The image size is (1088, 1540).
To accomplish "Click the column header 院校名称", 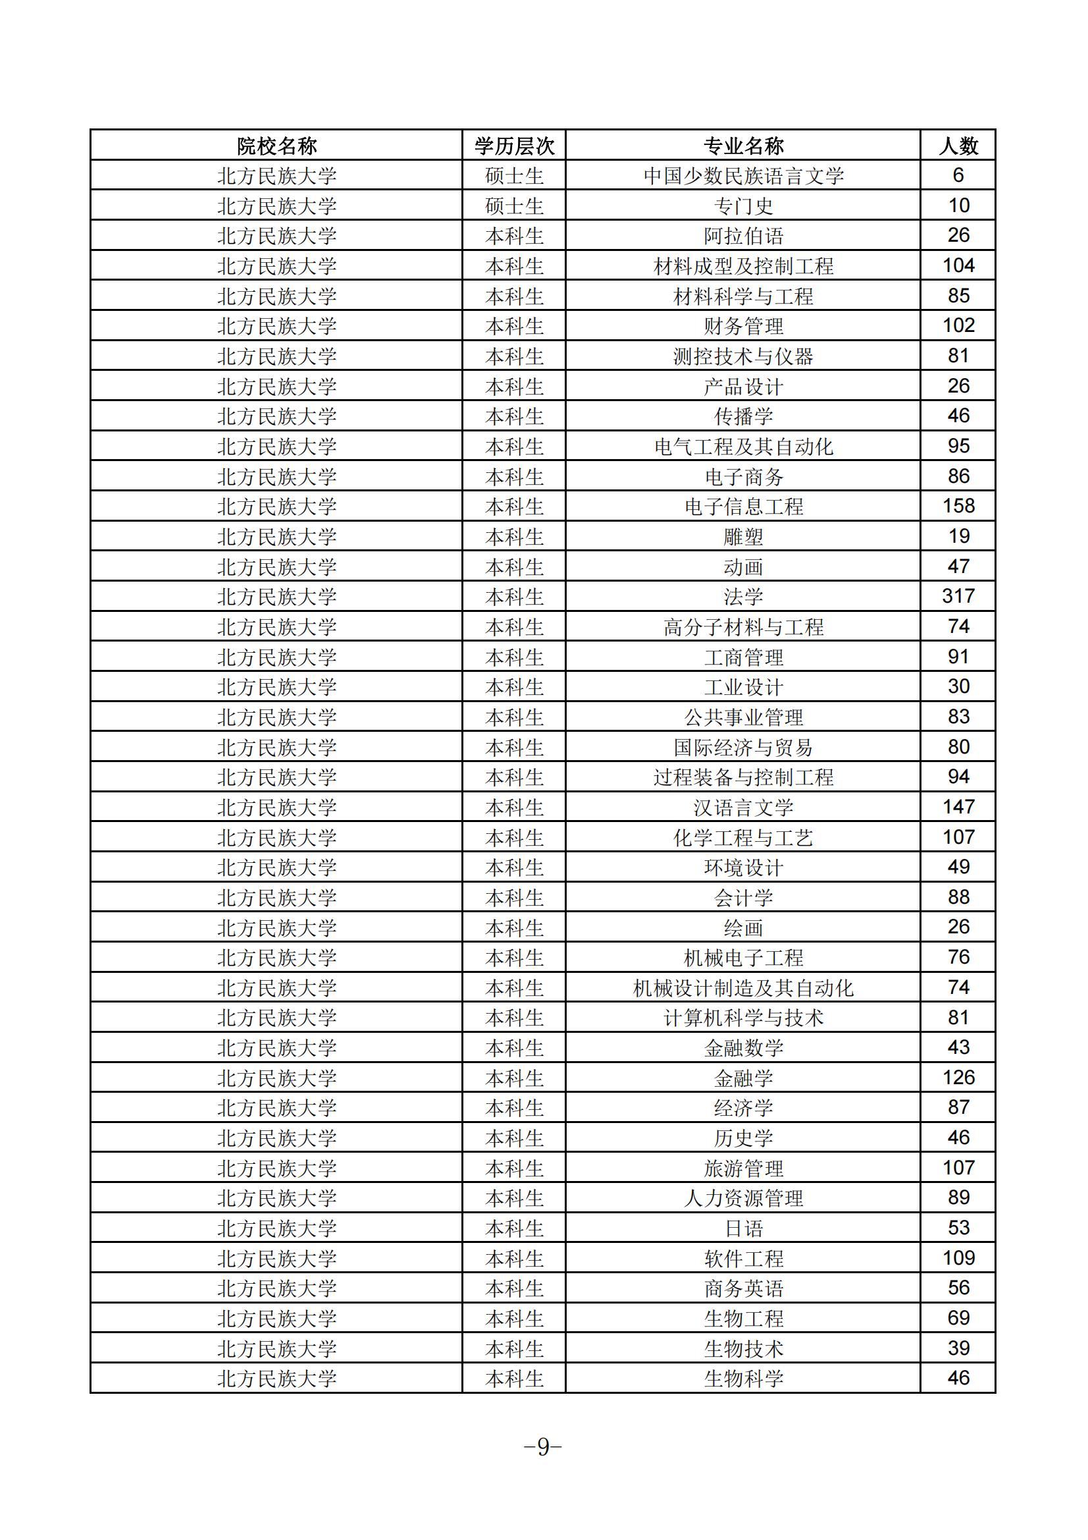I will [276, 146].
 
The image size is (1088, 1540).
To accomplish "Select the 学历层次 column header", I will [514, 146].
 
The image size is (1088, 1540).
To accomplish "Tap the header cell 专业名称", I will [742, 146].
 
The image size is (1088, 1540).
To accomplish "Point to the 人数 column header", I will [958, 146].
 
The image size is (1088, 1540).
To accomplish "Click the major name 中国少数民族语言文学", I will [742, 176].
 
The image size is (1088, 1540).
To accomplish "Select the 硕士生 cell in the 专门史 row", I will [514, 206].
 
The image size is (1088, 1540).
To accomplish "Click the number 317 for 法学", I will [958, 596].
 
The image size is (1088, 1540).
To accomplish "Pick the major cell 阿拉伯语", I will [742, 236].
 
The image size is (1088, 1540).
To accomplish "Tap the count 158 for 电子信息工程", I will [958, 507].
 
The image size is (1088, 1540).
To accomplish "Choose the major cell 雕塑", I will [742, 537].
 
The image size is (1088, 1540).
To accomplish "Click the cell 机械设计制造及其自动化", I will [742, 988].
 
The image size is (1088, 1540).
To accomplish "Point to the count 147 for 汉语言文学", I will [958, 807].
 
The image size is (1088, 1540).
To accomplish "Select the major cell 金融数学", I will [742, 1048].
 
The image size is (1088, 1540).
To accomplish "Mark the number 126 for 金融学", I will [958, 1078].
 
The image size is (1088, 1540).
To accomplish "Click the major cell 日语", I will [742, 1228].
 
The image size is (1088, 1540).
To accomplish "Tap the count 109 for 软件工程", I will [958, 1258].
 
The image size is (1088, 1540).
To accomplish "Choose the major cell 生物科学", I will [742, 1379].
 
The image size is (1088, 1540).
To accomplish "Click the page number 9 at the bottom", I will [543, 1446].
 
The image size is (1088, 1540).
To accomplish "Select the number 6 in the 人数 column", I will [958, 176].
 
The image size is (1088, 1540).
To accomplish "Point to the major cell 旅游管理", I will [742, 1169].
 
